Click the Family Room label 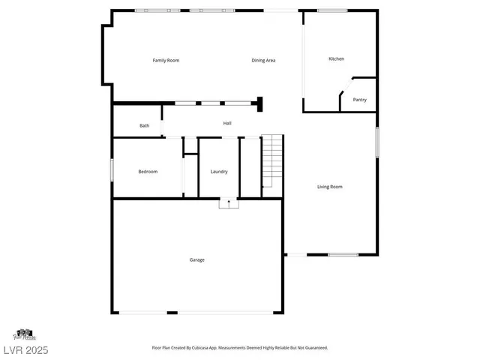(x=166, y=60)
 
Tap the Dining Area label (x=263, y=60)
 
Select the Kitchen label (x=336, y=58)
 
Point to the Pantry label (x=360, y=99)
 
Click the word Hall (x=226, y=123)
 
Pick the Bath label (x=144, y=125)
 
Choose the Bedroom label (x=148, y=172)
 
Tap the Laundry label (x=219, y=172)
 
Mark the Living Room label (x=329, y=187)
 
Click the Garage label (x=196, y=259)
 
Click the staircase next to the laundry (x=271, y=161)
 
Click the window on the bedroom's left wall (x=112, y=169)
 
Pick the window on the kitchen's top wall (x=332, y=10)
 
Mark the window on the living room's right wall (x=377, y=142)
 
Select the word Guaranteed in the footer (x=313, y=347)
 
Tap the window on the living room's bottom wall (x=343, y=255)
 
